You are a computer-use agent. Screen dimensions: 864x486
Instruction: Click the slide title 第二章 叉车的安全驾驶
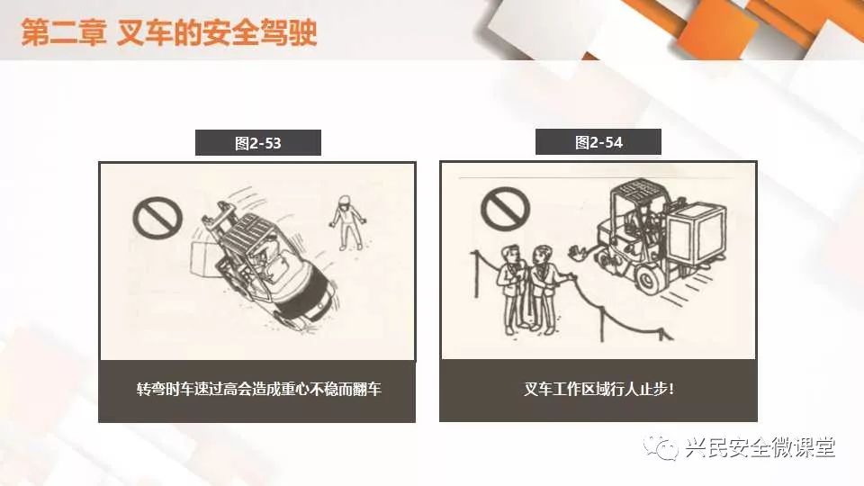169,32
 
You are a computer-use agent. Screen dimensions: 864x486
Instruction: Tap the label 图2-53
258,143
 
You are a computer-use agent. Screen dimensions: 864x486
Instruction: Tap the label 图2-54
598,143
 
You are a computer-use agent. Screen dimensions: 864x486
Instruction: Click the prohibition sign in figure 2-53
157,218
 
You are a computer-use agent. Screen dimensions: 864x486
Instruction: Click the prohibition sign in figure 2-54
505,210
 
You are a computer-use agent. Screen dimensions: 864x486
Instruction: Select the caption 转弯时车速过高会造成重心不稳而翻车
258,389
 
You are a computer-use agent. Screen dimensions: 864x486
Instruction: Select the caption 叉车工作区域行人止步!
598,389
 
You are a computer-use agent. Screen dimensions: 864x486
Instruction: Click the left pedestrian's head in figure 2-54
511,255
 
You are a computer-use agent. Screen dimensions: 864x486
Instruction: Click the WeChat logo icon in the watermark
661,447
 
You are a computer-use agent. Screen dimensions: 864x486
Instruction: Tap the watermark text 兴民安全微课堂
760,447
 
